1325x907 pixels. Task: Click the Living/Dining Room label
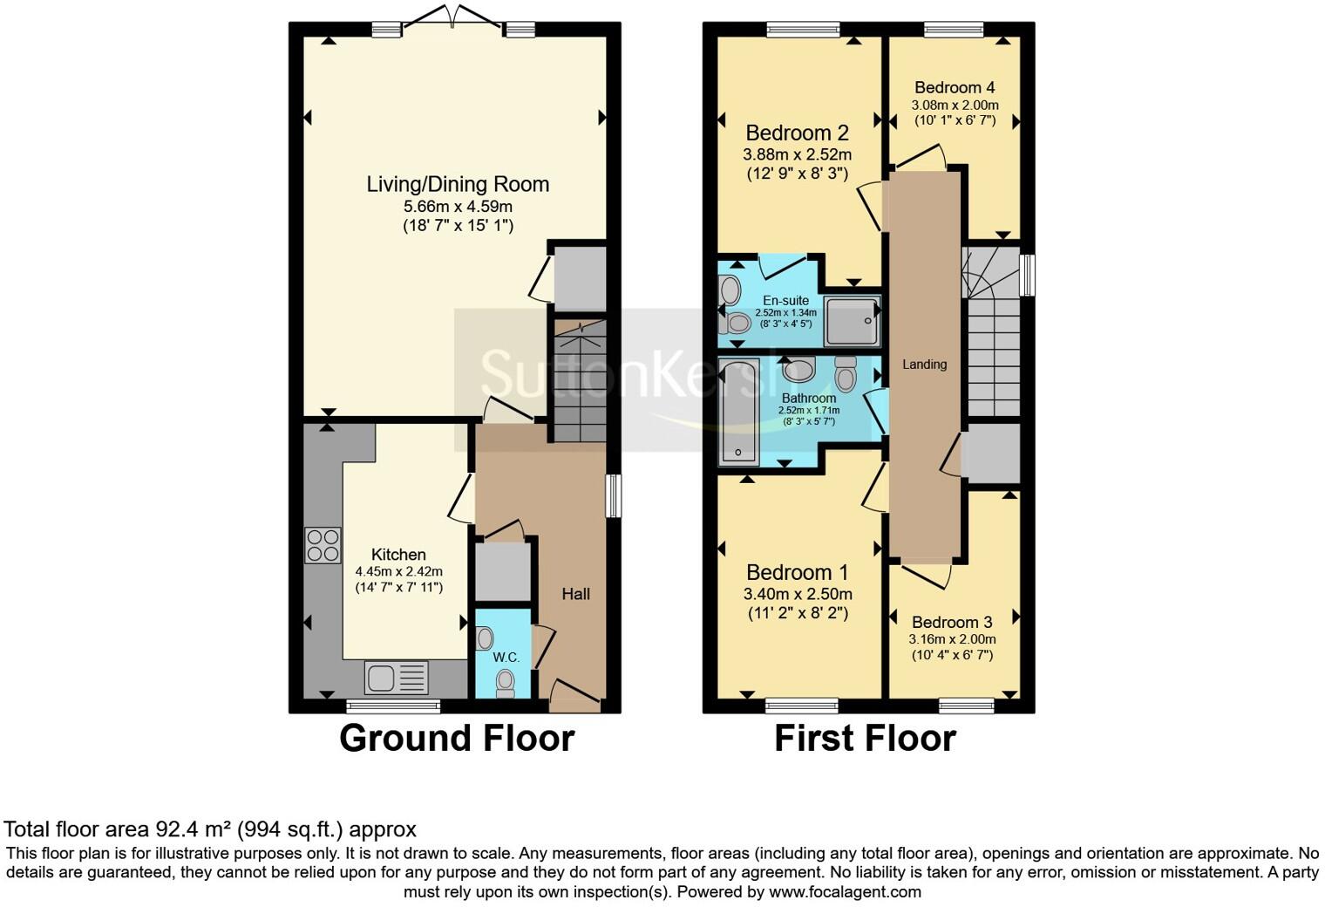(x=458, y=185)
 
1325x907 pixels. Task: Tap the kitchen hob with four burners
(x=323, y=545)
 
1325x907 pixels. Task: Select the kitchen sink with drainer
(x=397, y=678)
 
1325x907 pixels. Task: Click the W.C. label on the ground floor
(x=506, y=658)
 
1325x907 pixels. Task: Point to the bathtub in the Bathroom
(x=737, y=412)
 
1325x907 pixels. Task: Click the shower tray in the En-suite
(x=853, y=321)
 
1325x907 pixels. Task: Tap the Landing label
(x=925, y=365)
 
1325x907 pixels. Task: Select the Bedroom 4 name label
(x=955, y=87)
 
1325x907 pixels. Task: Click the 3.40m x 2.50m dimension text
(x=798, y=594)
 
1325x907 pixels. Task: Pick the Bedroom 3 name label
(x=952, y=623)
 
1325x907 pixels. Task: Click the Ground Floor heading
(x=457, y=739)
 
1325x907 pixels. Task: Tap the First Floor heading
(x=866, y=739)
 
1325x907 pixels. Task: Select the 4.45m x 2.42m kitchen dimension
(x=398, y=571)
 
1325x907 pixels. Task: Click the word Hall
(x=575, y=594)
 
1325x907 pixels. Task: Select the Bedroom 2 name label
(x=797, y=133)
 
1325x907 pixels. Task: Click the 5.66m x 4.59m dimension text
(x=458, y=207)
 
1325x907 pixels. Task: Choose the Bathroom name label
(x=809, y=399)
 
